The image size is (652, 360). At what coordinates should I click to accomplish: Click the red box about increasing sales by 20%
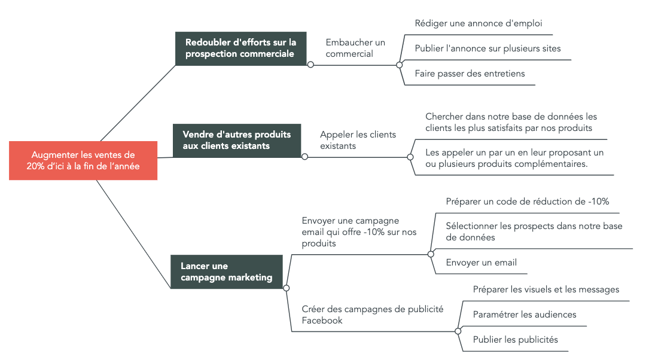pyautogui.click(x=83, y=160)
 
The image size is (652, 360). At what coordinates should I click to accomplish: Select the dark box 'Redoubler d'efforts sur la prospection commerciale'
pyautogui.click(x=240, y=48)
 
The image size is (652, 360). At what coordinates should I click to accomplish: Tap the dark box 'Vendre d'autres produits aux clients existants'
pyautogui.click(x=237, y=141)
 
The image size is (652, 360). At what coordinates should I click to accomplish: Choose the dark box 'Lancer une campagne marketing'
pyautogui.click(x=227, y=272)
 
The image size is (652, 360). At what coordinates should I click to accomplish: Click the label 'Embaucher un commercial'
pyautogui.click(x=355, y=48)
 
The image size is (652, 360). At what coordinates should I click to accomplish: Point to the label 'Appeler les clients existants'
pyautogui.click(x=358, y=140)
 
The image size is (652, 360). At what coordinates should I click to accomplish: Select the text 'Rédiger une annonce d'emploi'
pyautogui.click(x=479, y=23)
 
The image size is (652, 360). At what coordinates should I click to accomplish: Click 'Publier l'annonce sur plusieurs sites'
pyautogui.click(x=488, y=48)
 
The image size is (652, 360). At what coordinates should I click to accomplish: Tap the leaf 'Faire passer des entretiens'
pyautogui.click(x=470, y=74)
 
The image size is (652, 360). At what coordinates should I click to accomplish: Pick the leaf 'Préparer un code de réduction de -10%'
pyautogui.click(x=528, y=202)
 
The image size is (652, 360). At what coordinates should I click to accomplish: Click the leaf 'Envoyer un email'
pyautogui.click(x=482, y=263)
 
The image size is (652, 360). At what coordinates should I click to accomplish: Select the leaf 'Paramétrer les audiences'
pyautogui.click(x=525, y=315)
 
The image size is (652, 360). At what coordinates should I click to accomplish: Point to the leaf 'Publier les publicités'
pyautogui.click(x=516, y=340)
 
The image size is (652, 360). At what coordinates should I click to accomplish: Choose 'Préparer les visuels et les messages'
pyautogui.click(x=546, y=290)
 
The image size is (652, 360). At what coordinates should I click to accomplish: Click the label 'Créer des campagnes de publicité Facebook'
pyautogui.click(x=373, y=315)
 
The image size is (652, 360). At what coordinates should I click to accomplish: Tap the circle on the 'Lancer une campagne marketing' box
pyautogui.click(x=286, y=288)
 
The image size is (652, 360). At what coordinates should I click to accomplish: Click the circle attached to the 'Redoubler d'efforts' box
pyautogui.click(x=310, y=65)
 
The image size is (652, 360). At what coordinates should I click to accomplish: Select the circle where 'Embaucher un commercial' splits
pyautogui.click(x=399, y=65)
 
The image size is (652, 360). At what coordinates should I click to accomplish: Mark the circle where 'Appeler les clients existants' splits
pyautogui.click(x=410, y=157)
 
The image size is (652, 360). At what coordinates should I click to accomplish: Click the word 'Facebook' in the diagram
pyautogui.click(x=322, y=321)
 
